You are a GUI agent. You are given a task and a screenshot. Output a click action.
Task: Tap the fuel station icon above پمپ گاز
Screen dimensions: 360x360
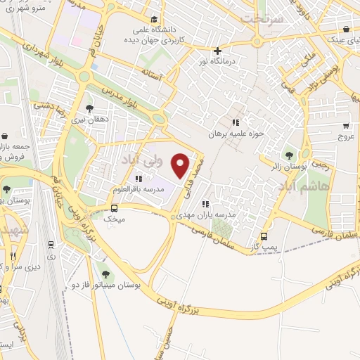click(264, 236)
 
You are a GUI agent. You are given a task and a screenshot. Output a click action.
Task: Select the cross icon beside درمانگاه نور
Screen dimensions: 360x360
click(218, 51)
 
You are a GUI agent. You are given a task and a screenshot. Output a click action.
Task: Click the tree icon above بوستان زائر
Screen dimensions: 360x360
click(289, 155)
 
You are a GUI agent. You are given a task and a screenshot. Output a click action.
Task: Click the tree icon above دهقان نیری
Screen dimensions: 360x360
click(89, 108)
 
